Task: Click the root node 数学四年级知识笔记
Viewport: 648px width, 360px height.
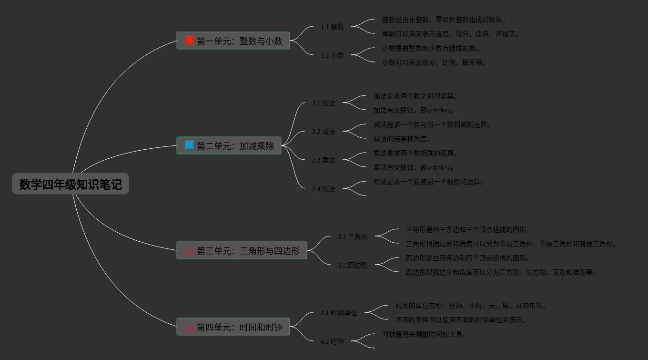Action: pyautogui.click(x=71, y=184)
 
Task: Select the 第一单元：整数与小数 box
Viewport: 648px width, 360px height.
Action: pyautogui.click(x=233, y=41)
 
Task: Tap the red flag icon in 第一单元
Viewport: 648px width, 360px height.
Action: pyautogui.click(x=190, y=40)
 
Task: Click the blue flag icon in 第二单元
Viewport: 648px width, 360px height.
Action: pyautogui.click(x=190, y=145)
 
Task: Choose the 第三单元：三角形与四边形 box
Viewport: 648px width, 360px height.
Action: pyautogui.click(x=242, y=250)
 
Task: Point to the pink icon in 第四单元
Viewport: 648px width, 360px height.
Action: pyautogui.click(x=190, y=327)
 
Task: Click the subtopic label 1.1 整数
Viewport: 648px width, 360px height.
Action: pyautogui.click(x=332, y=27)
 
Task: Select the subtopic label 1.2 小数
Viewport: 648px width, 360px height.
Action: pyautogui.click(x=332, y=55)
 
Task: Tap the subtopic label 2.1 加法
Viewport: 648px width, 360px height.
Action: pyautogui.click(x=324, y=103)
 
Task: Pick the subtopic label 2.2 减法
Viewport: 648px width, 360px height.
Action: pyautogui.click(x=324, y=132)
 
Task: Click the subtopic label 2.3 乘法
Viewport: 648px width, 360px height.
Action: pyautogui.click(x=324, y=160)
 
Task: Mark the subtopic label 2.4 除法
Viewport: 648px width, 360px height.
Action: pyautogui.click(x=324, y=189)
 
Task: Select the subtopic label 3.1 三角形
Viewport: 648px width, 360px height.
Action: pyautogui.click(x=353, y=237)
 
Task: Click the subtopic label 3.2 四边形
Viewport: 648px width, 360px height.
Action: pyautogui.click(x=353, y=265)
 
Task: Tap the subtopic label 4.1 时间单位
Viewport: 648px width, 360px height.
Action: pyautogui.click(x=339, y=313)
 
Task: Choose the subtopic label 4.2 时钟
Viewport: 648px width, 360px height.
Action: pyautogui.click(x=332, y=341)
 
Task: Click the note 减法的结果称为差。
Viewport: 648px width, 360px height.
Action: pyautogui.click(x=402, y=139)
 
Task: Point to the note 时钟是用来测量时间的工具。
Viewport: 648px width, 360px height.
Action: pyautogui.click(x=424, y=334)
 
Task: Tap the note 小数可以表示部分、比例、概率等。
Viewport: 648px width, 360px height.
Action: pyautogui.click(x=434, y=62)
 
